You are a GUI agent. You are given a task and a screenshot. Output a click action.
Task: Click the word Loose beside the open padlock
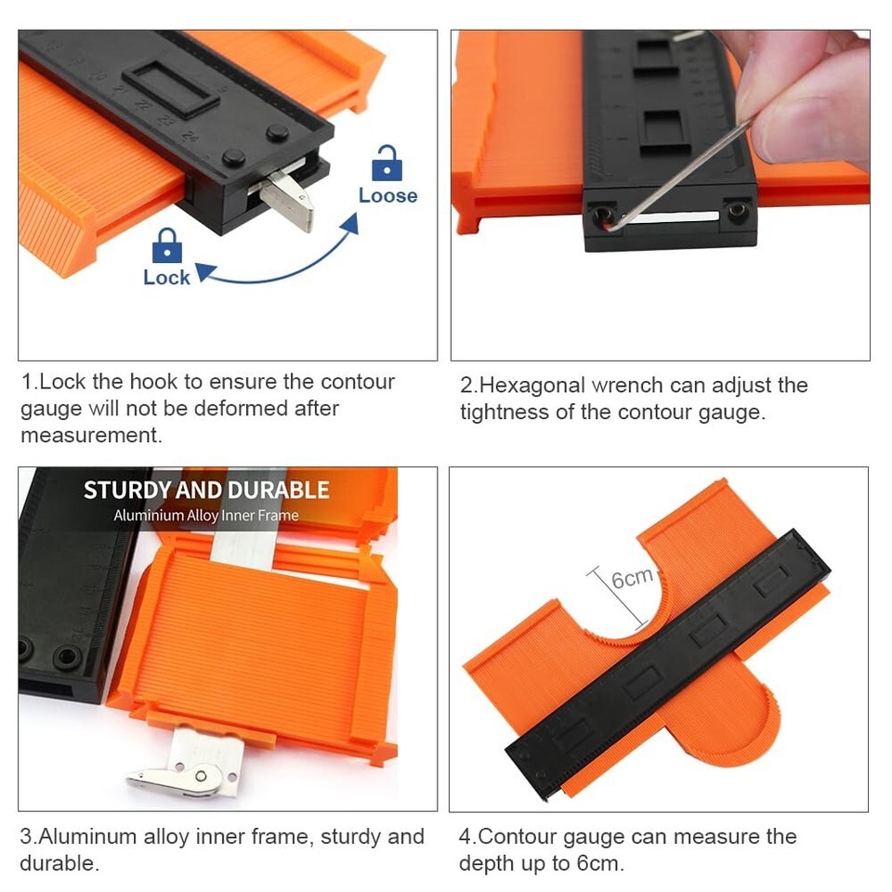[387, 195]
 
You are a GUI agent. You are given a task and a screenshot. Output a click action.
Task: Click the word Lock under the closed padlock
[166, 277]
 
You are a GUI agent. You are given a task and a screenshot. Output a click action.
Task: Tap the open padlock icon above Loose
[387, 164]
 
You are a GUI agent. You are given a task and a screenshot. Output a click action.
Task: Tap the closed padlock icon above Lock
[166, 245]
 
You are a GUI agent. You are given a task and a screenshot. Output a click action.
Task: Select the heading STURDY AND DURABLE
[206, 490]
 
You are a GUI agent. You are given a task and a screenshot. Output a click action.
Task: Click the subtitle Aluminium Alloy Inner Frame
[206, 516]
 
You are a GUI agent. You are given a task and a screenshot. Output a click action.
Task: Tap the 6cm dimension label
[632, 579]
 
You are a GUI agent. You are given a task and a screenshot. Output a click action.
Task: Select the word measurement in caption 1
[90, 435]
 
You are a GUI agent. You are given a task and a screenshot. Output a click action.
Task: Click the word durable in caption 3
[58, 863]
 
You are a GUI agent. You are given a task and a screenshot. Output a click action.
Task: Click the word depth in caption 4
[485, 863]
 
